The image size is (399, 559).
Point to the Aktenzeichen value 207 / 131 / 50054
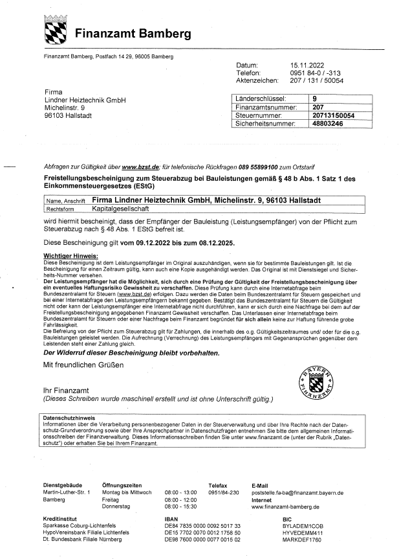click(x=317, y=81)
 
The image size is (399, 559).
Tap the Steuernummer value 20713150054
click(x=333, y=115)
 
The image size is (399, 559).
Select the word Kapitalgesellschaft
click(x=127, y=209)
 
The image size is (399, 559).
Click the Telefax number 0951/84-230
click(x=224, y=492)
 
